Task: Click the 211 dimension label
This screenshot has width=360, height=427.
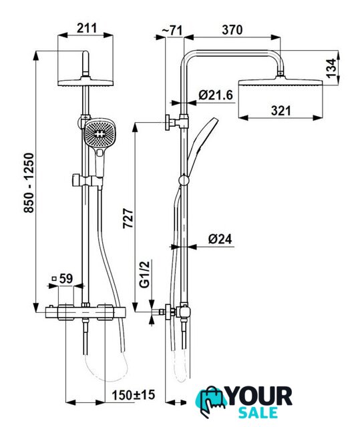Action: pyautogui.click(x=87, y=28)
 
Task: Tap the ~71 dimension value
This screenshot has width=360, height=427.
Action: pyautogui.click(x=172, y=31)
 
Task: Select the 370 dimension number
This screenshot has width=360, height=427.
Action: pyautogui.click(x=232, y=29)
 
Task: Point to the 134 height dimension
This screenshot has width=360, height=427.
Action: pyautogui.click(x=332, y=68)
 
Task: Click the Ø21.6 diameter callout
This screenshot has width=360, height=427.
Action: pyautogui.click(x=216, y=95)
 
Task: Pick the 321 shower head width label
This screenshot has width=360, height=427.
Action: pyautogui.click(x=281, y=111)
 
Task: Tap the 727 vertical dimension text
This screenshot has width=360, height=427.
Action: pyautogui.click(x=128, y=218)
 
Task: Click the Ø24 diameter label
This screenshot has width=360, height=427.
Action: pyautogui.click(x=220, y=239)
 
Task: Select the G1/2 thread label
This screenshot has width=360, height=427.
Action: pyautogui.click(x=145, y=274)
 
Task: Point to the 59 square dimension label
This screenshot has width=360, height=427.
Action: pyautogui.click(x=66, y=278)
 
